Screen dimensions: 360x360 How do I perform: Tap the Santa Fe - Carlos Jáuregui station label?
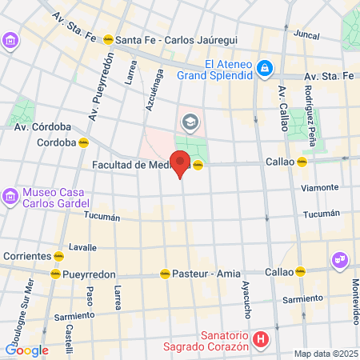(163, 40)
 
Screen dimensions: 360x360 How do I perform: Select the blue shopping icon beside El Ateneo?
(265, 70)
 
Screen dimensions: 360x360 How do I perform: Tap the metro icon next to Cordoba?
(83, 143)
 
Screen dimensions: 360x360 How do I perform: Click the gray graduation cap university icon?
(190, 121)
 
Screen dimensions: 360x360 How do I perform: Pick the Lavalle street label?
(83, 246)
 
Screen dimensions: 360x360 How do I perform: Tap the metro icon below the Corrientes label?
(58, 257)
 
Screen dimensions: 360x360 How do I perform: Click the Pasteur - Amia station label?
(206, 273)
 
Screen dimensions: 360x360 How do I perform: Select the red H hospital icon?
(259, 340)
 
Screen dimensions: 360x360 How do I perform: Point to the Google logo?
(26, 350)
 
